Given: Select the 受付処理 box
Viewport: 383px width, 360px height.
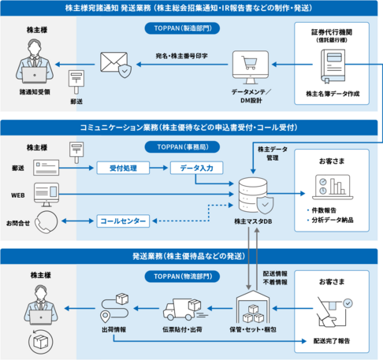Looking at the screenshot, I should (x=123, y=168).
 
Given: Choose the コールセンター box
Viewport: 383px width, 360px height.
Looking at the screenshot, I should (x=122, y=221).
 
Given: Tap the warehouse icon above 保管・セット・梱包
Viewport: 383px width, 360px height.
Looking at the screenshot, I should (x=255, y=308).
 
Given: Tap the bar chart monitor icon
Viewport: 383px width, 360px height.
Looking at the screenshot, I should (x=331, y=187).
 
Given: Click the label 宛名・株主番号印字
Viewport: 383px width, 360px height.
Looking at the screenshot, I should (x=181, y=56).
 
